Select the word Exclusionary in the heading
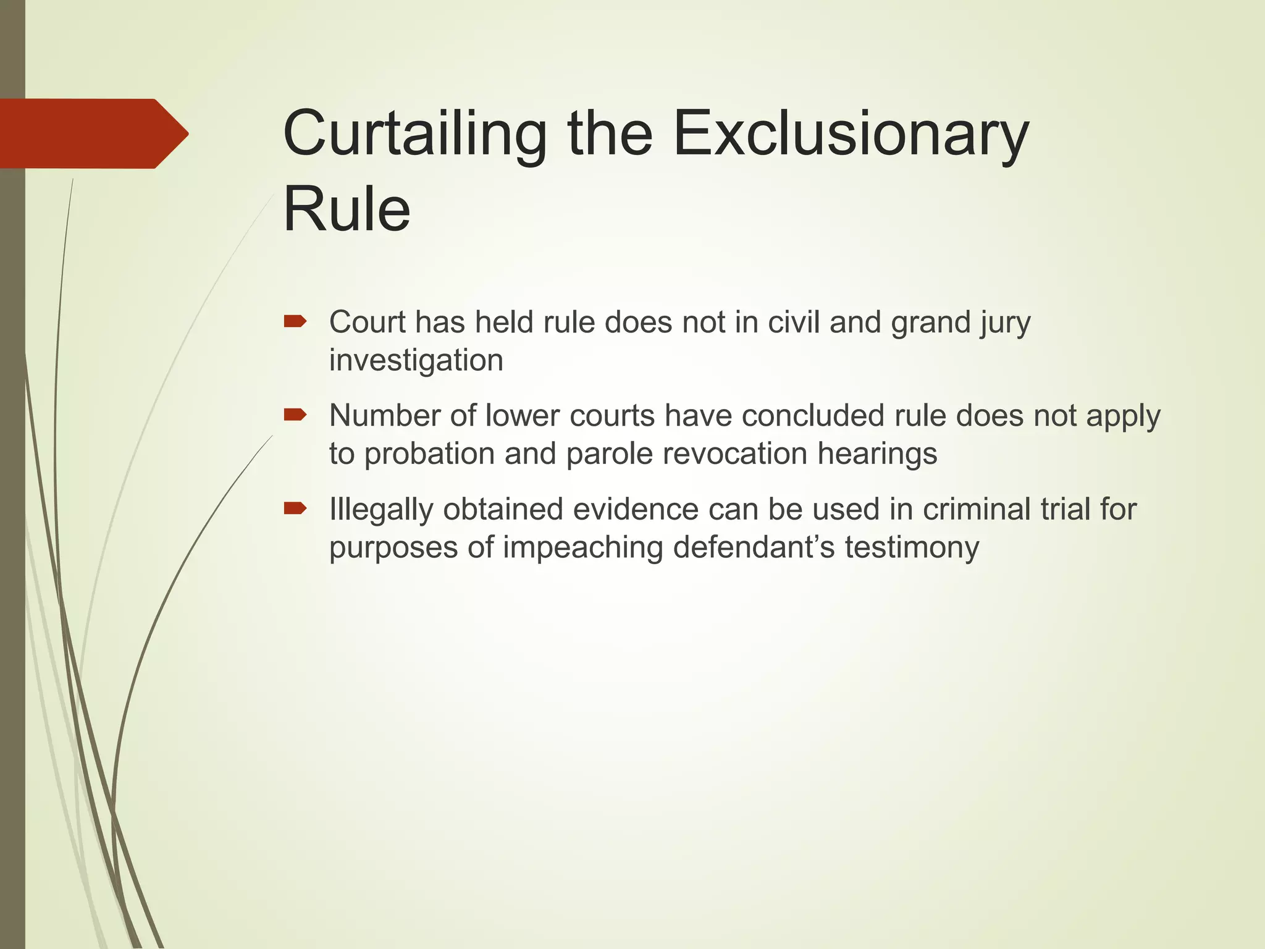point(851,133)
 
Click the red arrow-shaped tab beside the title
point(93,133)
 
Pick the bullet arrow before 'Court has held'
point(295,321)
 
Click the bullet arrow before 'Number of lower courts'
point(295,415)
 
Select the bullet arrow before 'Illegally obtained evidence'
point(295,508)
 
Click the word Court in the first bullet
point(368,322)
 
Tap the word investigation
point(416,360)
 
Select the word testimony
point(912,548)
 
